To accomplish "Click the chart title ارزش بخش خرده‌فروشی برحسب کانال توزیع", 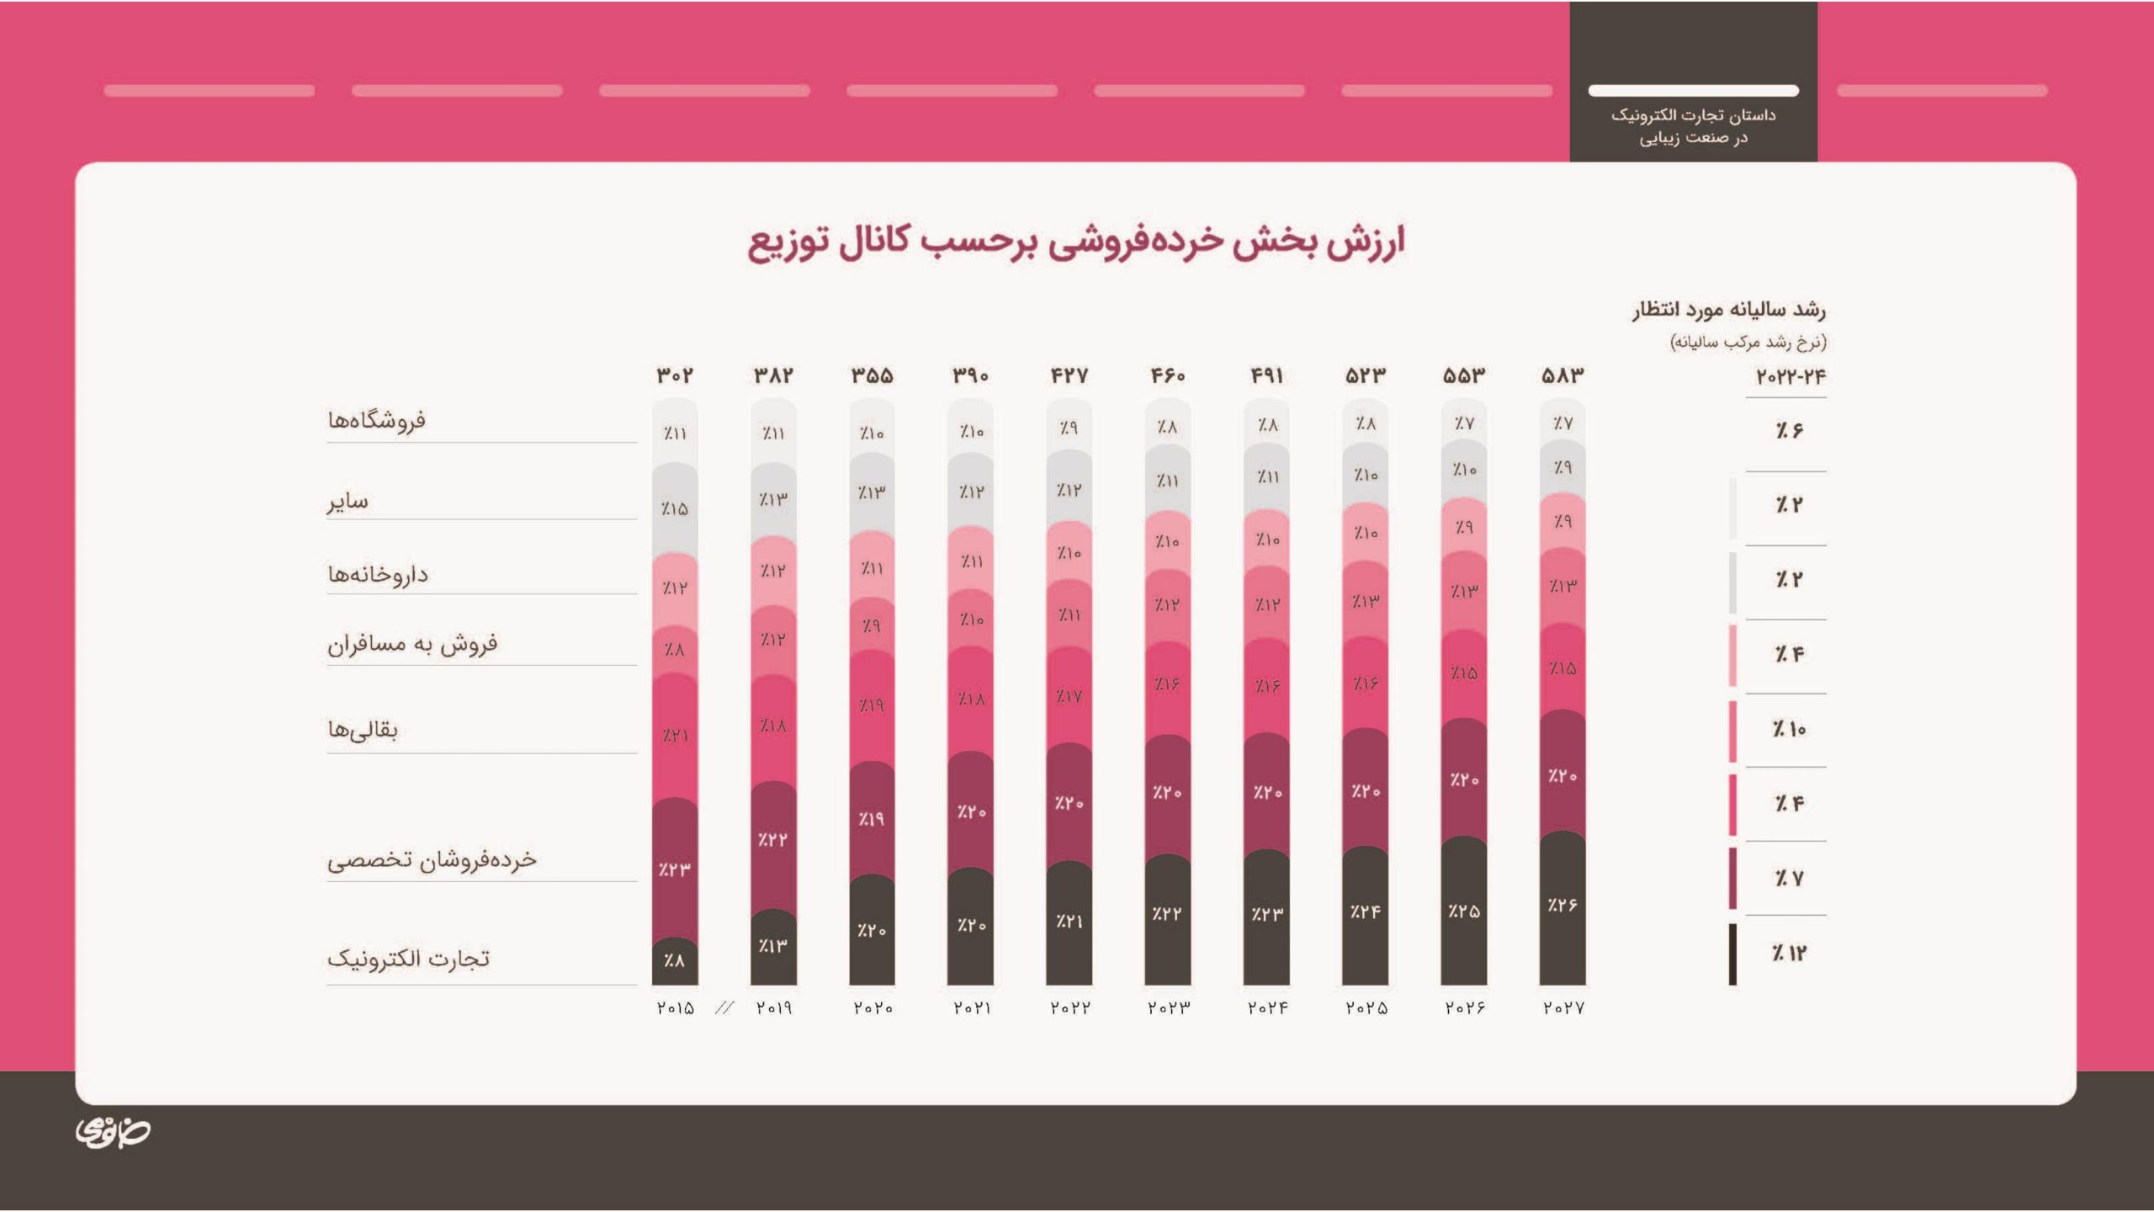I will click(1076, 242).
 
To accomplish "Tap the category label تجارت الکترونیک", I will click(408, 959).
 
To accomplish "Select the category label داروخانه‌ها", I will click(378, 575).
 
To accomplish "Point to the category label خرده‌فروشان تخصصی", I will click(432, 859).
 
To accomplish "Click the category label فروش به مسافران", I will click(412, 645).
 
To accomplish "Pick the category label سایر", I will click(348, 502).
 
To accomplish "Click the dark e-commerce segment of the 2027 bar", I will click(1562, 907).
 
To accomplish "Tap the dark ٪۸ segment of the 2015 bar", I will click(674, 960).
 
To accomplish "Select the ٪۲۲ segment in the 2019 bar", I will click(772, 840).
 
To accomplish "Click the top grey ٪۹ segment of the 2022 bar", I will click(1069, 428).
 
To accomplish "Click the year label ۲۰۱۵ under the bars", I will click(675, 1007).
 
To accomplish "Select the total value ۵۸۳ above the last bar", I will click(1562, 375).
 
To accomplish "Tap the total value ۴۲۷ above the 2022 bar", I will click(1069, 375).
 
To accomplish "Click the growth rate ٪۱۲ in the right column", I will click(1789, 953).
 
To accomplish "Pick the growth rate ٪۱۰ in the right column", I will click(1789, 729).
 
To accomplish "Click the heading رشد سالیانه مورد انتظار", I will click(1729, 311).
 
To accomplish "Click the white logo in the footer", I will click(113, 1132).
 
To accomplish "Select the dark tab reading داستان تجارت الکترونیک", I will click(1693, 125).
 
